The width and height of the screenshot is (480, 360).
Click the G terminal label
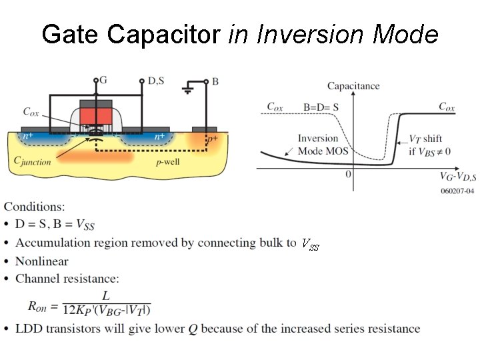coord(103,80)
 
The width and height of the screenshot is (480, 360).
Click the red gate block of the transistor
coord(96,115)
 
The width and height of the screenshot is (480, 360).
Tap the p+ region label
coord(212,140)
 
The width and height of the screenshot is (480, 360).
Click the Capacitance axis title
coord(353,86)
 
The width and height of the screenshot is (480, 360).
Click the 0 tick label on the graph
coord(348,175)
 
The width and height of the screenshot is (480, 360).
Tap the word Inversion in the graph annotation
coord(317,139)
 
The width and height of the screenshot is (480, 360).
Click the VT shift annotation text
coord(425,139)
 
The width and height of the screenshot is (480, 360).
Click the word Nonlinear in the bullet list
coord(42,261)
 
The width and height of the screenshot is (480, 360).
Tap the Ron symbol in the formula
coord(41,306)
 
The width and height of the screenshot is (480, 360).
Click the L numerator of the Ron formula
coord(105,295)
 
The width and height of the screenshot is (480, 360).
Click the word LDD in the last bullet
coord(29,328)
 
